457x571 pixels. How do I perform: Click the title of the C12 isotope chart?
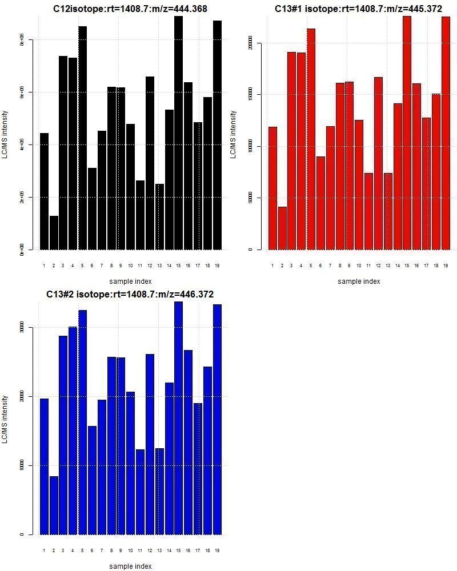(130, 9)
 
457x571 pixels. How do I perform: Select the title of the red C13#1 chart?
(358, 9)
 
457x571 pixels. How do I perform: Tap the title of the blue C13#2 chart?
(130, 294)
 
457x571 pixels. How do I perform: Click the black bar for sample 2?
(54, 232)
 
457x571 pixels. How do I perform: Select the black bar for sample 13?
(159, 216)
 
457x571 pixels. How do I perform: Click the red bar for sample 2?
(282, 228)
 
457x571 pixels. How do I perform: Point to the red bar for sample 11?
(369, 211)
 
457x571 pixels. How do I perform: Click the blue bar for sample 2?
(54, 505)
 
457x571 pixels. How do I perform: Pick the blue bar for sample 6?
(92, 480)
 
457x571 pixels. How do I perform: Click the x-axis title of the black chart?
(130, 281)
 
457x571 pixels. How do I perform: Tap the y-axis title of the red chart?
(234, 135)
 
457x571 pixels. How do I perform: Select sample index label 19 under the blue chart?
(217, 550)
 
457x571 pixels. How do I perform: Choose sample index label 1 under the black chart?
(44, 265)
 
